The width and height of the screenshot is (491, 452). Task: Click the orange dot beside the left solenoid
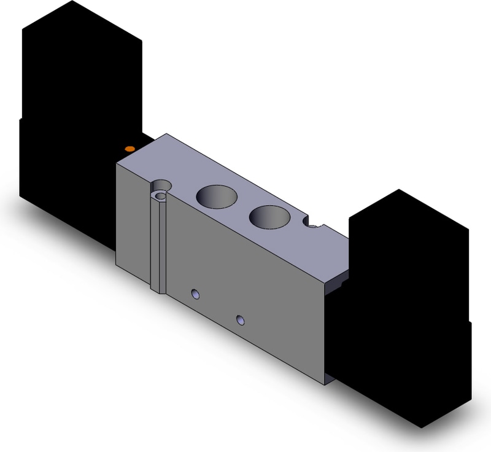point(129,149)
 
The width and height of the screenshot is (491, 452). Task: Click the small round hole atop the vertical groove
point(161,195)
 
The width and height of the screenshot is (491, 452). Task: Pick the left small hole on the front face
point(196,294)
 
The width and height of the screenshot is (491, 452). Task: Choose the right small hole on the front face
point(240,320)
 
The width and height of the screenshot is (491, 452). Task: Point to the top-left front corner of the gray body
point(117,165)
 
